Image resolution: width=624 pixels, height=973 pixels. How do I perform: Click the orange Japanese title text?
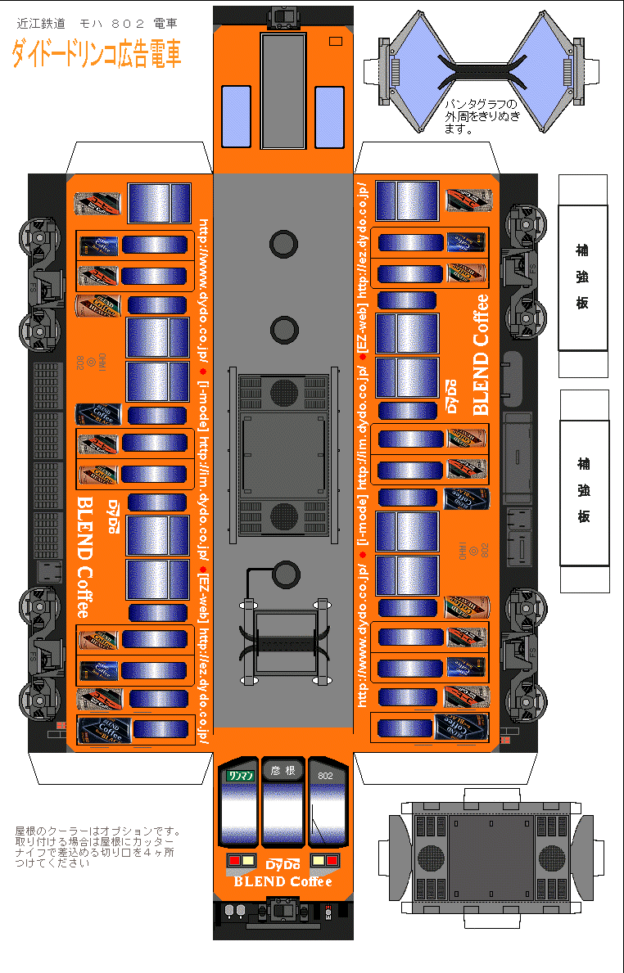[x=97, y=53]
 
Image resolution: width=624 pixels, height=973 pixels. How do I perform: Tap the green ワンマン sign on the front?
[x=241, y=774]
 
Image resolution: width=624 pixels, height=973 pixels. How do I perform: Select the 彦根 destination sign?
[x=283, y=771]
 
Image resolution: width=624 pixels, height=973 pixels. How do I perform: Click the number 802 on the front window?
[x=325, y=774]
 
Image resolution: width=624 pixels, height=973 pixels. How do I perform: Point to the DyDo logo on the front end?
[x=283, y=865]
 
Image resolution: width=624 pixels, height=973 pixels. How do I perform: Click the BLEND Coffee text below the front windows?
[x=283, y=881]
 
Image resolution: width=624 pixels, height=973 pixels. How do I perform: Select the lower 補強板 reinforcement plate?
[x=584, y=491]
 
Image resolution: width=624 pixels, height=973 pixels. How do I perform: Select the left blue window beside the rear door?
[x=236, y=116]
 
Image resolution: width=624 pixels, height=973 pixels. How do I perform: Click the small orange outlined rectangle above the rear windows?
[x=334, y=42]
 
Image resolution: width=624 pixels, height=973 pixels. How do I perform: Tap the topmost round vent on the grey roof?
[x=283, y=242]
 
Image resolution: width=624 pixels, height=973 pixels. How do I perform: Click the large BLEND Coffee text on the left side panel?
[x=84, y=556]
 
